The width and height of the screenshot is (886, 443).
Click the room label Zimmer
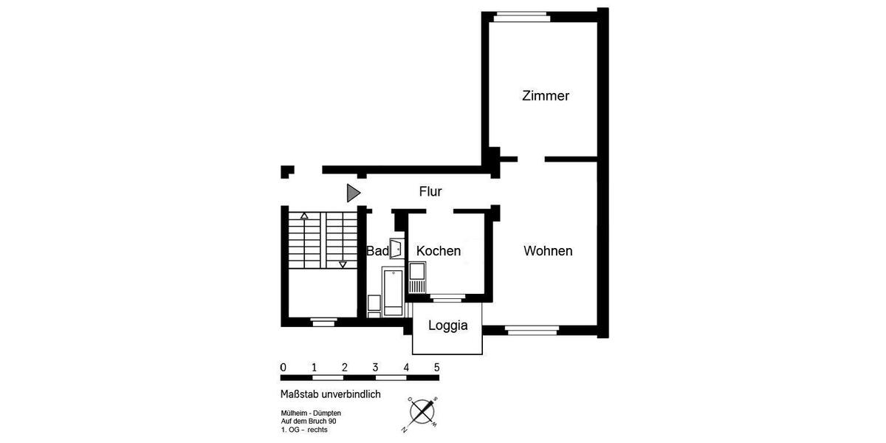546,96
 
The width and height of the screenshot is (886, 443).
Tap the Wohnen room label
548,251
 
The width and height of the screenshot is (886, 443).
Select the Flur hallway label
430,192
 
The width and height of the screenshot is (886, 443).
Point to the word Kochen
439,251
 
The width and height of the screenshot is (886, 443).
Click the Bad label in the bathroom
377,251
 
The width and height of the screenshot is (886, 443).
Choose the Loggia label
448,325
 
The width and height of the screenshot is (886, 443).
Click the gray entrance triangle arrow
353,193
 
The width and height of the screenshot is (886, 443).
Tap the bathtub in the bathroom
392,292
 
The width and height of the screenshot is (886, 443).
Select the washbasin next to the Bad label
396,249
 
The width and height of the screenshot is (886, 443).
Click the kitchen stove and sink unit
417,279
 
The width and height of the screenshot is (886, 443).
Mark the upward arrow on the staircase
303,216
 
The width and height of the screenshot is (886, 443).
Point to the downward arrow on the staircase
343,264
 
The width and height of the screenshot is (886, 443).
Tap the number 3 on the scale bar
375,367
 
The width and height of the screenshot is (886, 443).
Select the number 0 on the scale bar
284,367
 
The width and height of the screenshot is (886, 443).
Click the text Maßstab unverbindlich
331,394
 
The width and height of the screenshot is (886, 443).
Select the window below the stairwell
323,321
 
